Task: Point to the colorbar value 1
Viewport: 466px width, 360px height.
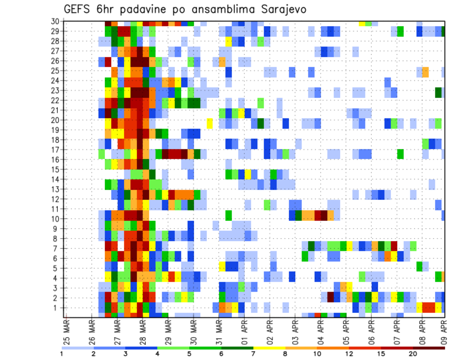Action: point(62,354)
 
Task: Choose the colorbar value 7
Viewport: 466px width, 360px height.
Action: point(253,354)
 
